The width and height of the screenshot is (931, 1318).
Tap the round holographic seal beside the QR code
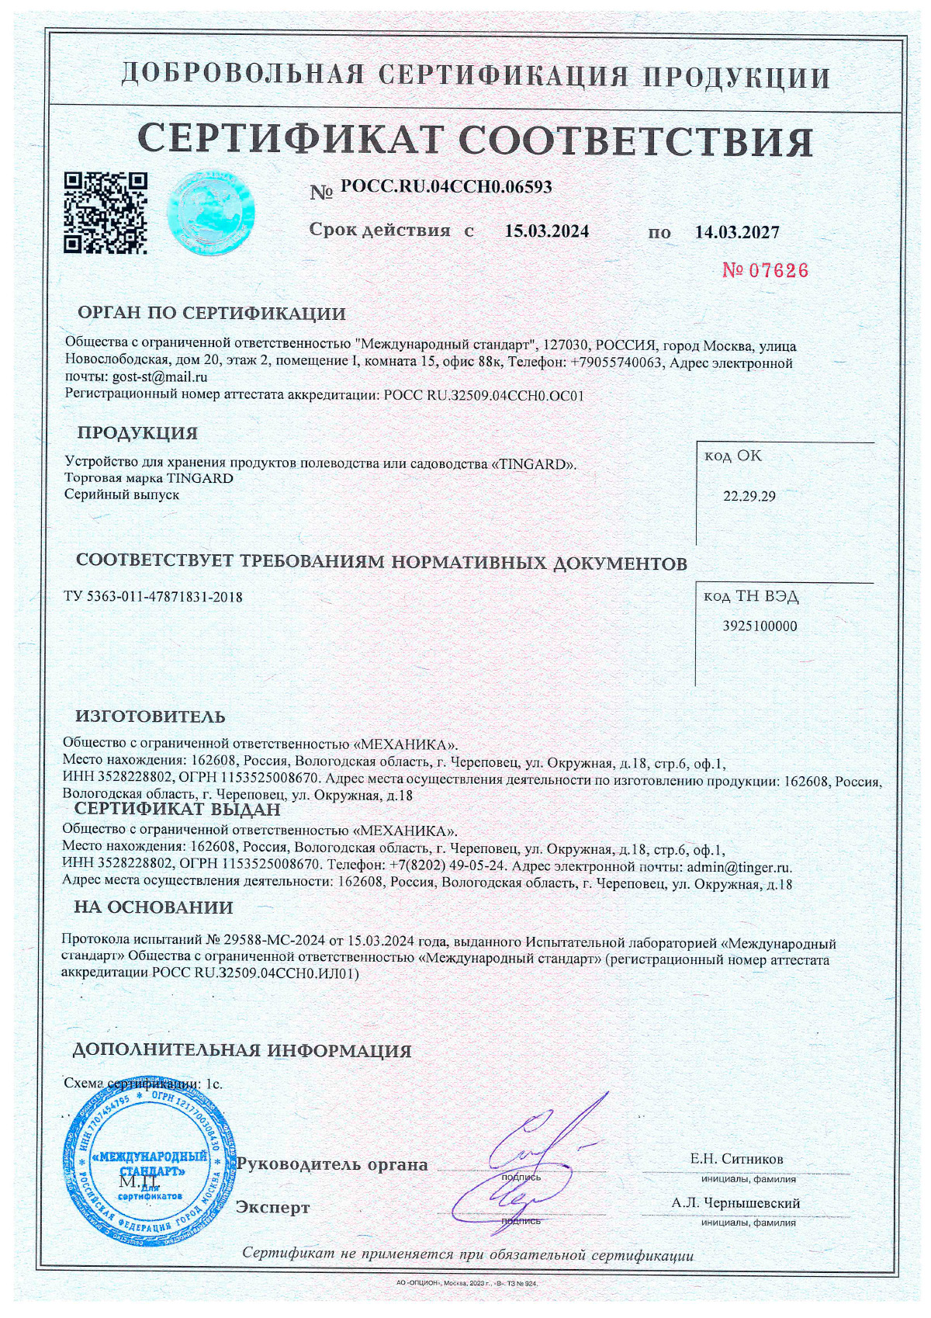pos(212,211)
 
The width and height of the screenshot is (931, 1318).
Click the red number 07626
pos(765,271)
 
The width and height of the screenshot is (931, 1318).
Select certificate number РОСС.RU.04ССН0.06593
pos(446,187)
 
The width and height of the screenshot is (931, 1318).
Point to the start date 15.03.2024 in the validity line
pos(547,231)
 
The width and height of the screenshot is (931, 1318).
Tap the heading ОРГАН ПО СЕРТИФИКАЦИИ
pos(212,314)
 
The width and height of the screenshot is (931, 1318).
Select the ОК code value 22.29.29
pos(749,497)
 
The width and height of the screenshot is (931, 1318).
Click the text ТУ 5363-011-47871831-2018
pos(153,597)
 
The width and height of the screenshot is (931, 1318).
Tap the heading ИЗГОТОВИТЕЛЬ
pos(151,716)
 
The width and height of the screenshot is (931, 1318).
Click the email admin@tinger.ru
pos(737,866)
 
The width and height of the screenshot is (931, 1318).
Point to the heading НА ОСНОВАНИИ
pos(154,907)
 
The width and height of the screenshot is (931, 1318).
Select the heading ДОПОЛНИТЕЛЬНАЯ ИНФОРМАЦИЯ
pos(242,1051)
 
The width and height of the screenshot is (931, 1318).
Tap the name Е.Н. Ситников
pos(736,1159)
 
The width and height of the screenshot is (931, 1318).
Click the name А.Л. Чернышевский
pos(736,1203)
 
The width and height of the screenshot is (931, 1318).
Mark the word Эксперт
pos(272,1208)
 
